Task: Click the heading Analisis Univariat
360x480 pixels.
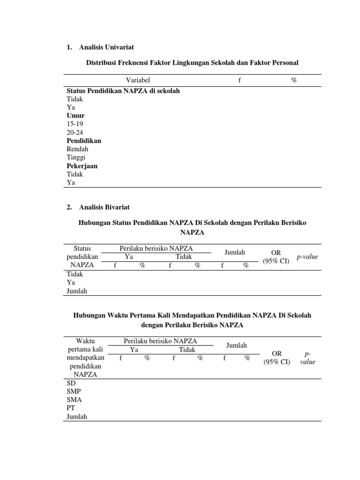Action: [106, 47]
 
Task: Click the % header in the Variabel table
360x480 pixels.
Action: [294, 80]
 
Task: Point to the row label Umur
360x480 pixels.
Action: [75, 115]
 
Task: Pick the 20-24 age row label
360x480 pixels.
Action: [75, 132]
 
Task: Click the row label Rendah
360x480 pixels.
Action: [77, 149]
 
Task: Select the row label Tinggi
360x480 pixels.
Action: [76, 157]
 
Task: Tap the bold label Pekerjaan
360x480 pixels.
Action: [82, 166]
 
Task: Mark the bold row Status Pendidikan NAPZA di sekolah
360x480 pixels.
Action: [123, 90]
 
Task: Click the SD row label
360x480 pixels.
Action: [71, 383]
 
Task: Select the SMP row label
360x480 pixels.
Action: [74, 391]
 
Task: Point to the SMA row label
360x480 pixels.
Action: [74, 400]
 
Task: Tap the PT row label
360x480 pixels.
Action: [71, 408]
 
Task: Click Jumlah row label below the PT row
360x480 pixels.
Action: [77, 417]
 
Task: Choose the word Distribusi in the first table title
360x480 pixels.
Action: [101, 62]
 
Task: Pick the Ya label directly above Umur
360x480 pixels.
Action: [71, 107]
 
